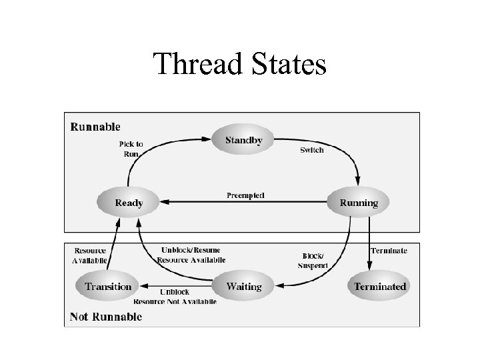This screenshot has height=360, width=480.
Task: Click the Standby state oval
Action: click(243, 140)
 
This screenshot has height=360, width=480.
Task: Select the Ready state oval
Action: click(129, 203)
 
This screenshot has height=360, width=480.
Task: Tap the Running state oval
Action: click(359, 203)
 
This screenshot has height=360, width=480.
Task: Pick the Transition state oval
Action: click(108, 287)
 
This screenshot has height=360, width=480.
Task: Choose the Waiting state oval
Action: click(243, 287)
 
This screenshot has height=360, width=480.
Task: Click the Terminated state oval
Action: click(379, 287)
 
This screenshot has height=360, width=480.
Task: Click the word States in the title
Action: click(288, 65)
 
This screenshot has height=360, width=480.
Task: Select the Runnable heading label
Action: click(95, 126)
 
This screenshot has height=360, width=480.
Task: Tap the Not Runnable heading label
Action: click(106, 317)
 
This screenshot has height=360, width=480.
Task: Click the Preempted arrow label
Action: click(245, 195)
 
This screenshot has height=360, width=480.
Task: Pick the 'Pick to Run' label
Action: click(131, 149)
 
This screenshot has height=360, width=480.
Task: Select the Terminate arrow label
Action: click(389, 251)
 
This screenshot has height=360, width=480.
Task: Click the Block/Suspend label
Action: click(313, 260)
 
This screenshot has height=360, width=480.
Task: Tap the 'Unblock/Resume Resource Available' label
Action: click(191, 255)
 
